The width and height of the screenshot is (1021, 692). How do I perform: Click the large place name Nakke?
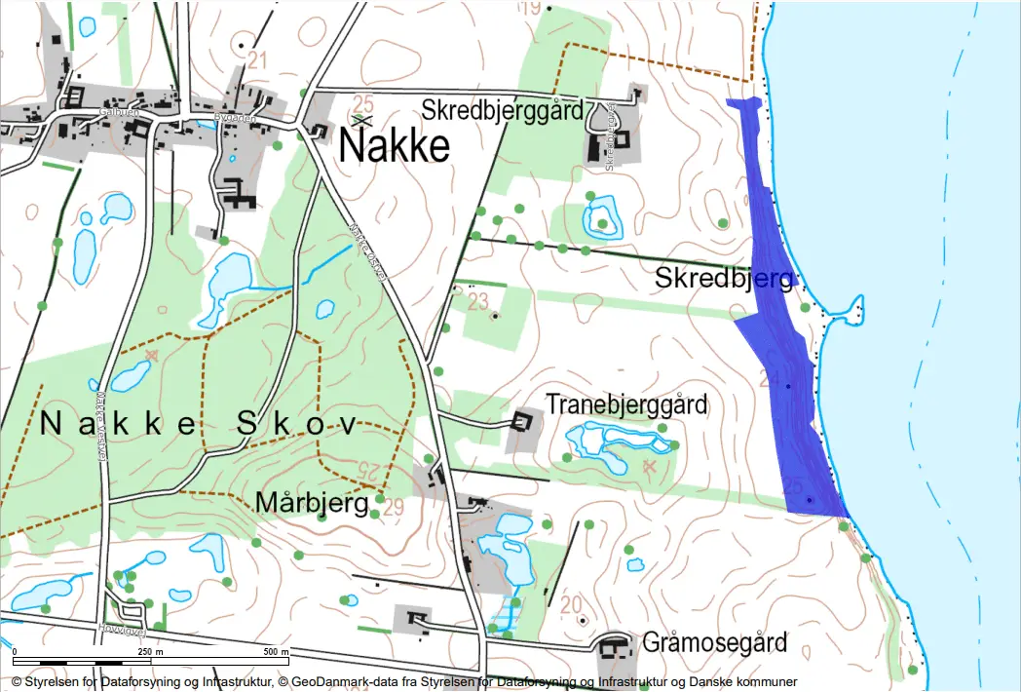(395, 146)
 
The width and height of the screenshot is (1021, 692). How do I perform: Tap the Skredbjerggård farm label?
(503, 109)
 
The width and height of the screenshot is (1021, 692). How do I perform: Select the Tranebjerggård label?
(626, 404)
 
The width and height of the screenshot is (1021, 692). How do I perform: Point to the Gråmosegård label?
(714, 643)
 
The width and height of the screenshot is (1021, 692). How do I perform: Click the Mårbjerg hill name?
(312, 503)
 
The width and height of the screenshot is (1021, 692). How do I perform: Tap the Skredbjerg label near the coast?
(723, 279)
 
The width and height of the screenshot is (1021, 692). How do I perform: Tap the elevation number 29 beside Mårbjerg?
(394, 506)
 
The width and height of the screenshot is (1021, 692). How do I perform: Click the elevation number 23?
(477, 302)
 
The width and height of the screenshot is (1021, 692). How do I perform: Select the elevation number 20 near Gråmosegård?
(571, 603)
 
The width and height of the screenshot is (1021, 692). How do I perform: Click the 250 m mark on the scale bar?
(151, 651)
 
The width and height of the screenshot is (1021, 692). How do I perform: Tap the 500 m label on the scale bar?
(278, 651)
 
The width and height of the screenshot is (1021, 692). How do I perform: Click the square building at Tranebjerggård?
(523, 422)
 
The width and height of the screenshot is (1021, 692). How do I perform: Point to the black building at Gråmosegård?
(614, 647)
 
